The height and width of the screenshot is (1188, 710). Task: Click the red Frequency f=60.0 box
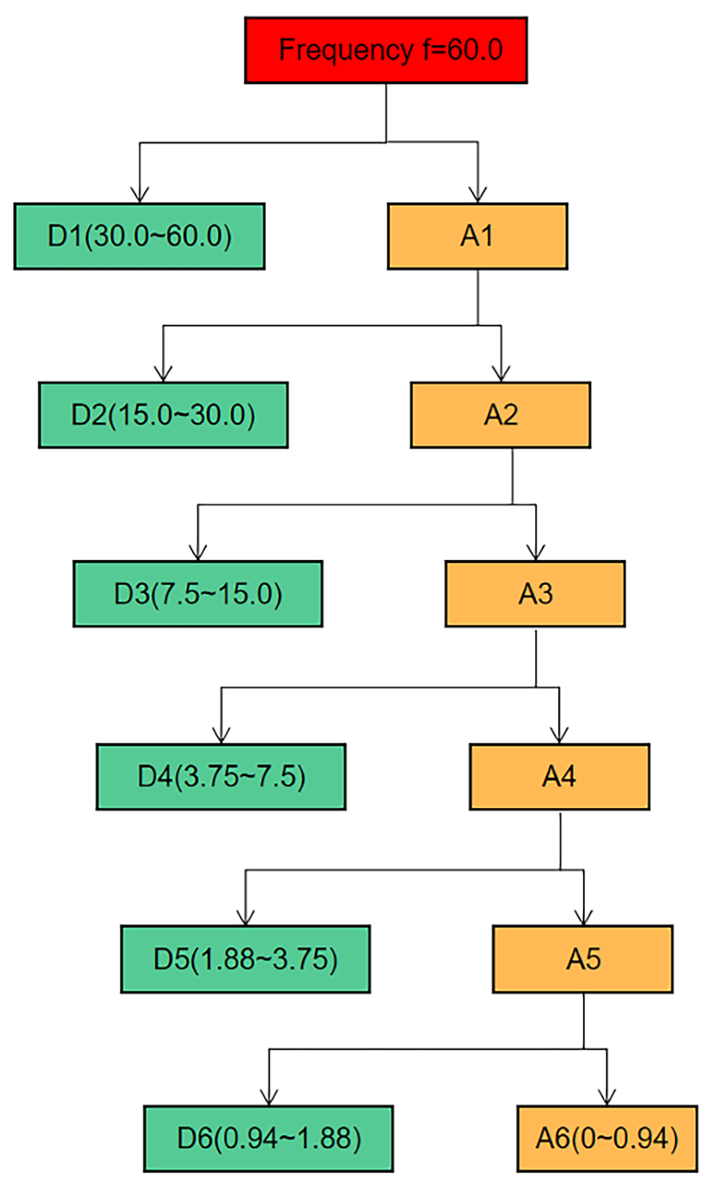tap(386, 50)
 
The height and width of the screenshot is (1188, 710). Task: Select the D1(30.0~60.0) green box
tap(139, 236)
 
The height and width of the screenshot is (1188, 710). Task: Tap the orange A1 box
tap(477, 236)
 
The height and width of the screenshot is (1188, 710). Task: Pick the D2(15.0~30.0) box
tap(163, 414)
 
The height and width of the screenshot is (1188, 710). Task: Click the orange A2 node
tap(501, 414)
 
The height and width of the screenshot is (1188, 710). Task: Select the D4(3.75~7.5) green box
tap(220, 777)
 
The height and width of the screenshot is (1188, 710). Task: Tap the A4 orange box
tap(559, 777)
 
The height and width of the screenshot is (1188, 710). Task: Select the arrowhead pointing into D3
tap(197, 554)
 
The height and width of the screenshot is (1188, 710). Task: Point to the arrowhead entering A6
tap(606, 1098)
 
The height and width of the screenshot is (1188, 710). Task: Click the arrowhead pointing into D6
tap(269, 1098)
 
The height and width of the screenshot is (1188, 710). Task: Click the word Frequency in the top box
tap(345, 50)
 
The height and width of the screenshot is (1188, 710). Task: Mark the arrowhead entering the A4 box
tap(559, 737)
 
